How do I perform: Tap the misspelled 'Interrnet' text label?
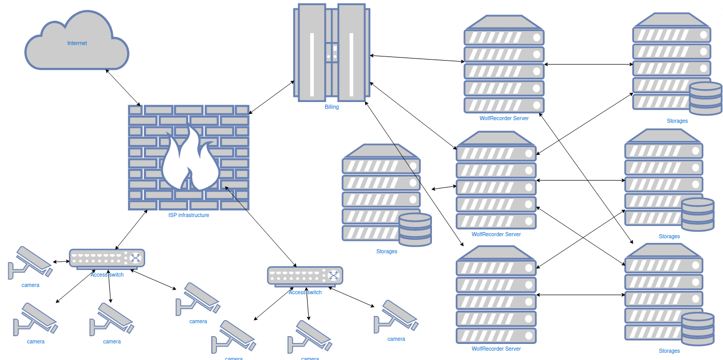coord(77,44)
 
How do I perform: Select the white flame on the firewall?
coord(189,158)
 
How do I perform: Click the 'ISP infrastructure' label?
coord(189,215)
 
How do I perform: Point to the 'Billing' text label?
coord(331,107)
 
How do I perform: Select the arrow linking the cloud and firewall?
coord(123,87)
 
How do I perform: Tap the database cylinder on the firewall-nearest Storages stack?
coord(415,229)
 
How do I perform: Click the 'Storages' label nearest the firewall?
coord(387,252)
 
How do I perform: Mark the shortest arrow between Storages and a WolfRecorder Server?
coord(441,188)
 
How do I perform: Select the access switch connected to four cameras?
coord(107,258)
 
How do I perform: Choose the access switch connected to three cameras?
coord(305,276)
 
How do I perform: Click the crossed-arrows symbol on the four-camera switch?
coord(135,257)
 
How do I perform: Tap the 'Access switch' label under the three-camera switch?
coord(305,293)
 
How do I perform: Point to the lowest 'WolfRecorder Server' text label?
coord(496,349)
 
